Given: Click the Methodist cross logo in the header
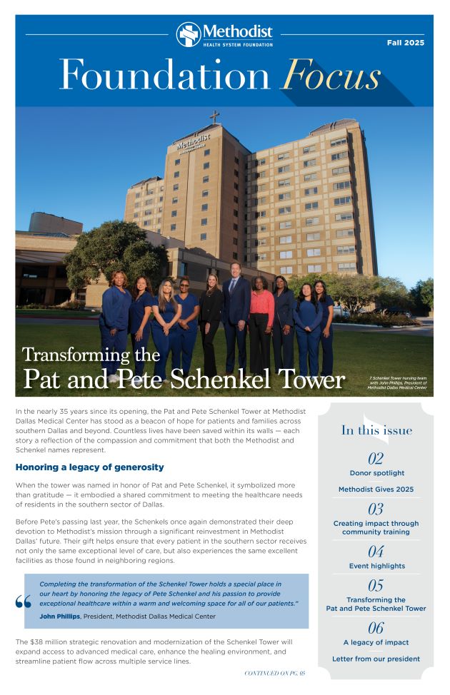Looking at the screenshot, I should click(x=189, y=34).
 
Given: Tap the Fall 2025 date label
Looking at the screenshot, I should click(x=406, y=43).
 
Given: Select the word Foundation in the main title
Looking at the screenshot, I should click(x=165, y=75).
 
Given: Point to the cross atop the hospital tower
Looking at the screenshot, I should click(x=214, y=116).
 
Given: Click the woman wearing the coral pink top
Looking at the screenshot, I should click(x=261, y=318).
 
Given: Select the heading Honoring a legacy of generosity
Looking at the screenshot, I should click(x=90, y=467).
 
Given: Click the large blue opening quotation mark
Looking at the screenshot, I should click(x=23, y=602).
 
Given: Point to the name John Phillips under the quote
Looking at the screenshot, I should click(x=60, y=617).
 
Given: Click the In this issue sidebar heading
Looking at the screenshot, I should click(x=376, y=430).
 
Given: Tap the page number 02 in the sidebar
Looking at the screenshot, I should click(x=376, y=458).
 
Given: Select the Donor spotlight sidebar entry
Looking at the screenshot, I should click(x=376, y=473).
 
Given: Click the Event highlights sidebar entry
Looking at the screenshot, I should click(x=376, y=566).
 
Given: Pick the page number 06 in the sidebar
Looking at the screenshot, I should click(x=376, y=628).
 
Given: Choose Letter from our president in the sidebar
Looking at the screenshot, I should click(x=376, y=659).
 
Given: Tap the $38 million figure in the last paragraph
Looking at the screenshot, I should click(x=44, y=642).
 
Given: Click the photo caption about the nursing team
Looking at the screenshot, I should click(x=397, y=382).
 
